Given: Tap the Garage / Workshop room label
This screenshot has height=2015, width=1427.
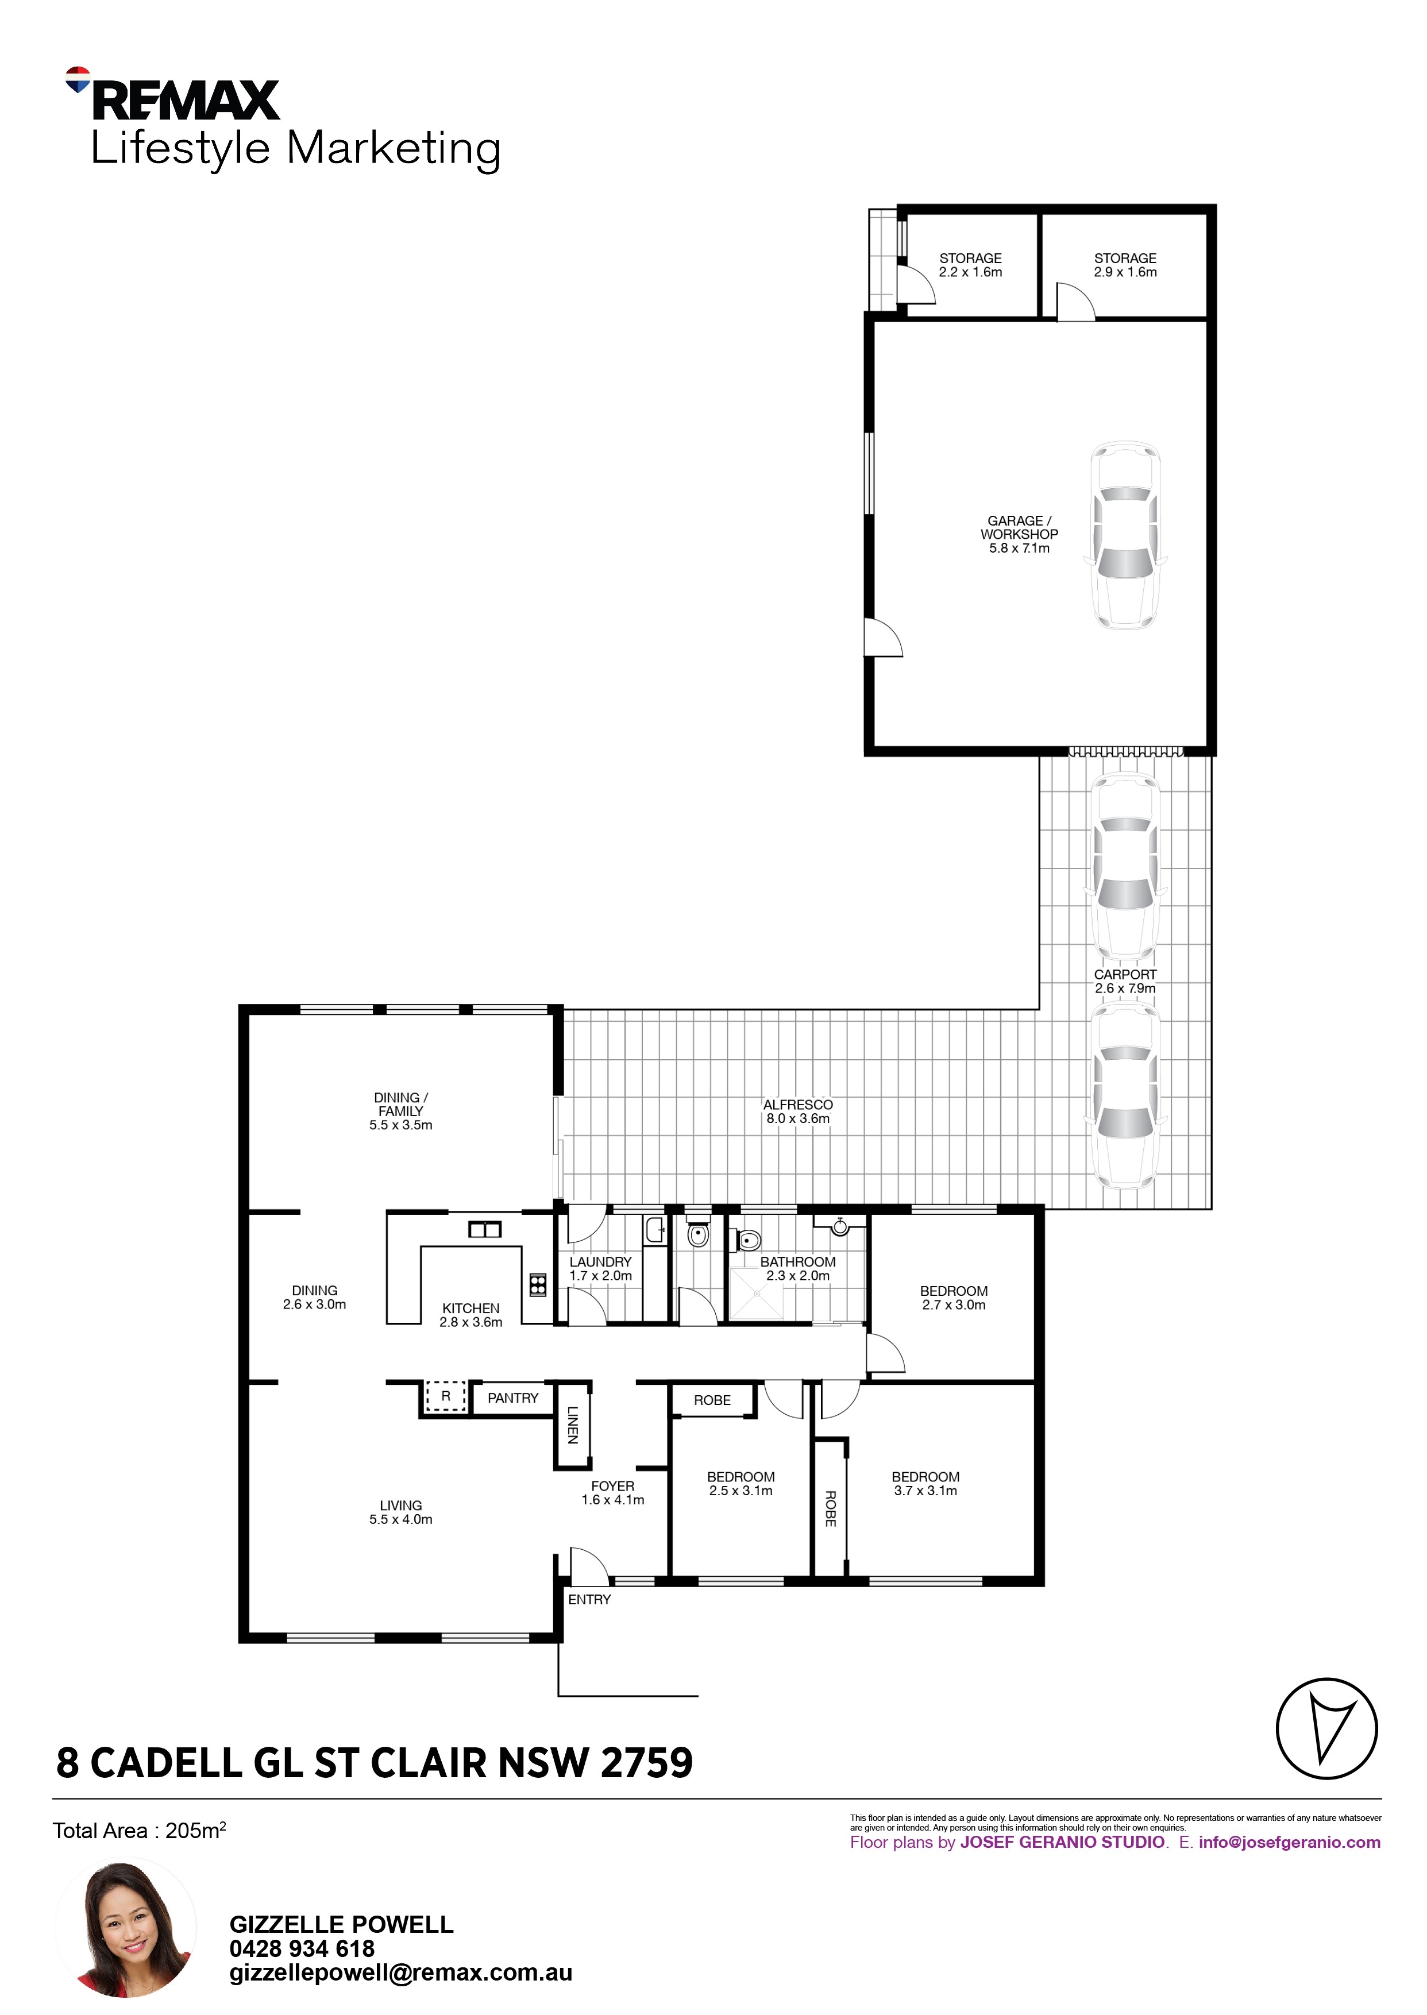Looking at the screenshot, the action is click(x=1019, y=534).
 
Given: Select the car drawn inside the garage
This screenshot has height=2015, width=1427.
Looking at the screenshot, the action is click(x=1125, y=535).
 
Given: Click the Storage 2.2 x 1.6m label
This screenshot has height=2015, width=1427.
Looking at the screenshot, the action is click(x=970, y=265).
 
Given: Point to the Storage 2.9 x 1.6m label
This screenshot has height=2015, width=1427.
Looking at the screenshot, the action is click(x=1125, y=265).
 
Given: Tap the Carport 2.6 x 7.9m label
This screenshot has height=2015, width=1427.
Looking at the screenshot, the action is click(x=1125, y=981).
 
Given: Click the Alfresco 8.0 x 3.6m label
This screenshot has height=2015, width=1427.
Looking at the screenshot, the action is click(x=798, y=1111).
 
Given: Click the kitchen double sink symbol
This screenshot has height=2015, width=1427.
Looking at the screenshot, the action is click(x=484, y=1230).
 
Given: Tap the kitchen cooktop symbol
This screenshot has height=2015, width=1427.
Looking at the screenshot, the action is click(x=538, y=1285).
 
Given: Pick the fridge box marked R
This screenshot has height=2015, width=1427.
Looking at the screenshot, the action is click(x=445, y=1396).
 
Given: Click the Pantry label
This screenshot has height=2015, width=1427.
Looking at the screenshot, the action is click(x=513, y=1398).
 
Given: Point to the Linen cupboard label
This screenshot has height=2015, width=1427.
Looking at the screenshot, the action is click(x=572, y=1425).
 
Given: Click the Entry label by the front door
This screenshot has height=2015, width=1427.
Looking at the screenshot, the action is click(x=589, y=1600).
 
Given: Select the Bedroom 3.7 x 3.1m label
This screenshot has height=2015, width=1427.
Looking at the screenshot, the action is click(x=925, y=1484).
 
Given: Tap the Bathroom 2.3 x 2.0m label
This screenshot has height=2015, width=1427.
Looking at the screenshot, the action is click(x=798, y=1268).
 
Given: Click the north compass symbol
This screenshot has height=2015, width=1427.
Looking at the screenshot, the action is click(x=1327, y=1728).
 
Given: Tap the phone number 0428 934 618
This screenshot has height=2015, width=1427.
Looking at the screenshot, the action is click(x=302, y=1948).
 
